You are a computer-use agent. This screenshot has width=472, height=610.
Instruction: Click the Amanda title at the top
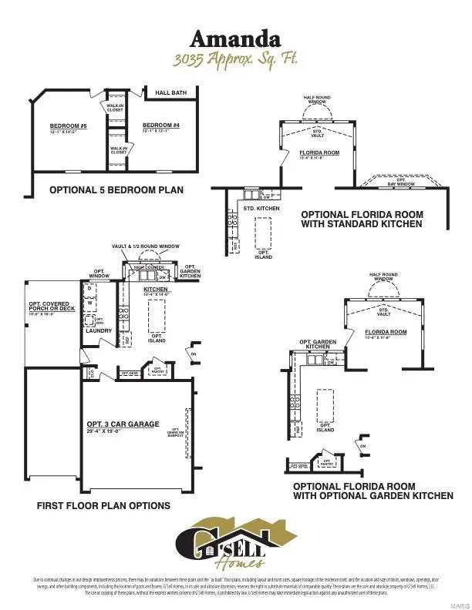pos(236,39)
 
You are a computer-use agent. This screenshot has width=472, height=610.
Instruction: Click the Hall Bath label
pos(170,93)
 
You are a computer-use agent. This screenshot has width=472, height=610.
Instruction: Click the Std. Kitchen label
pos(261,209)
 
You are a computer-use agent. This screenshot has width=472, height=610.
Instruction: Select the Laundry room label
pos(99,331)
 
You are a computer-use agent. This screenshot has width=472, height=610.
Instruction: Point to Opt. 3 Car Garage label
pos(123,424)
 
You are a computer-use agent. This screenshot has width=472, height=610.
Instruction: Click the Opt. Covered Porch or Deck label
pos(52,307)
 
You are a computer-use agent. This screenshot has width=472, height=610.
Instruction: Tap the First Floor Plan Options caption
pos(103,506)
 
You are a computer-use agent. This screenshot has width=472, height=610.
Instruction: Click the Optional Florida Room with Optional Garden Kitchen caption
pos(373,491)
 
